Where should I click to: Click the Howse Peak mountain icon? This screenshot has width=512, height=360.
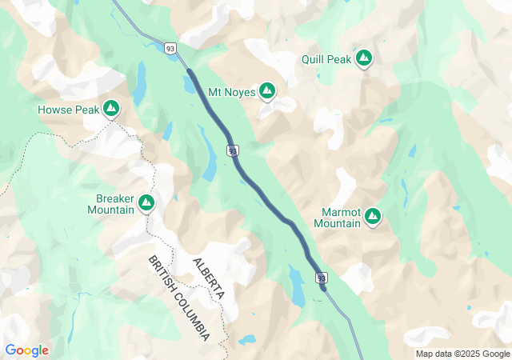click(x=110, y=107)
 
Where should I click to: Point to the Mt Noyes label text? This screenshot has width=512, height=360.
click(x=231, y=93)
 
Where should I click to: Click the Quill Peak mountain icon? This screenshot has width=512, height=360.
click(x=364, y=58)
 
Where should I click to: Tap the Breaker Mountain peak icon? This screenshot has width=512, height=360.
click(x=146, y=204)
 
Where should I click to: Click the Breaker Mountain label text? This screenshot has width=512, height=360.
click(x=110, y=204)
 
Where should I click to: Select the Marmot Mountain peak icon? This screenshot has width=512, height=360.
click(x=373, y=216)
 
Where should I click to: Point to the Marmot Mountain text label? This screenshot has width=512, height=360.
click(x=337, y=217)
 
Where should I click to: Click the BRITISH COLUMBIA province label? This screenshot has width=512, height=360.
click(x=179, y=298)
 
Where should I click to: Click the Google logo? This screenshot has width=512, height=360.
click(x=26, y=350)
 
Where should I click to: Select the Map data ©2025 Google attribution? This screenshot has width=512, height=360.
click(x=462, y=354)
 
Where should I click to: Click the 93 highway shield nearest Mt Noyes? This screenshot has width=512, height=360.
click(x=232, y=150)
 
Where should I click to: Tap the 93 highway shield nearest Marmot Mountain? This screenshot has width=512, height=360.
click(x=322, y=278)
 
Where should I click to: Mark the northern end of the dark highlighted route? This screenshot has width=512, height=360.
click(x=189, y=71)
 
